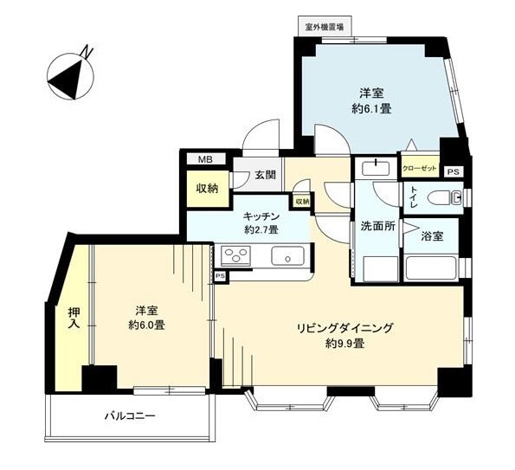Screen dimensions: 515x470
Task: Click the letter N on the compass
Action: coord(87,52)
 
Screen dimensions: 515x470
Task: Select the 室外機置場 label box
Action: coord(325,26)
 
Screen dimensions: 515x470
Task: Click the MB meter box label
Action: coord(206,159)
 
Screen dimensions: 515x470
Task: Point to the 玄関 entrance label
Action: coord(265,175)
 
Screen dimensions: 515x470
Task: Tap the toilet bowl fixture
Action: coord(445,197)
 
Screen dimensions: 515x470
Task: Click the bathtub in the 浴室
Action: coord(431,268)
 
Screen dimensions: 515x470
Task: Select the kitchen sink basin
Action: coord(288,256)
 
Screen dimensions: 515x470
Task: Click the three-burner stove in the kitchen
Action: coord(235,255)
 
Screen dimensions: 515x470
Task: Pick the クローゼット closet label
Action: coord(420,169)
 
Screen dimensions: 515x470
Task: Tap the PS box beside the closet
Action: coord(454,172)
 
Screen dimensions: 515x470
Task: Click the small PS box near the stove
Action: coord(221,276)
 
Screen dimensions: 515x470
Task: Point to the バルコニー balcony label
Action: coord(130,416)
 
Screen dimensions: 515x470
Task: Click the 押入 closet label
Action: coord(74,318)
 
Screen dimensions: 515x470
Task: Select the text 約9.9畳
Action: coord(344,344)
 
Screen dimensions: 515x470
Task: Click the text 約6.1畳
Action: coord(371,109)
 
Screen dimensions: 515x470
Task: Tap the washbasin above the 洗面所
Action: coord(376,168)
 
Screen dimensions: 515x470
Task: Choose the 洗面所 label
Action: coord(377,226)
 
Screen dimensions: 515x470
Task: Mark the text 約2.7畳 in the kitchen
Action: coord(261,229)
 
